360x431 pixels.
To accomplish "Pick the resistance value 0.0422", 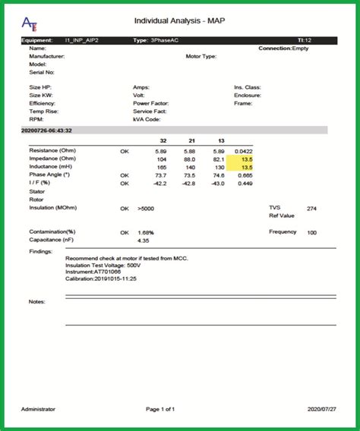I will coord(243,151).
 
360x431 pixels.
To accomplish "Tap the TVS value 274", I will coord(311,208).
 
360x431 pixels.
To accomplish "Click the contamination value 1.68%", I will coord(147,232).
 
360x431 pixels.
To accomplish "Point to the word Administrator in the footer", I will coord(38,409).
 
